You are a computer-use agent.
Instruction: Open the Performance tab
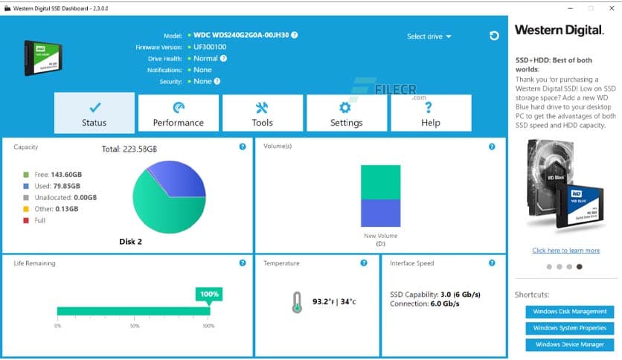[179, 113]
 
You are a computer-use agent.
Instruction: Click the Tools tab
[262, 113]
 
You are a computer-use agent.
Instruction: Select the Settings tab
[346, 113]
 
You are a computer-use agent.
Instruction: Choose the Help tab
[431, 113]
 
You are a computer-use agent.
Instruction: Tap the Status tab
[94, 113]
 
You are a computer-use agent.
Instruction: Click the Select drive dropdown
[429, 36]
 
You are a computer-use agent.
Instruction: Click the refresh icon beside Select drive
[494, 36]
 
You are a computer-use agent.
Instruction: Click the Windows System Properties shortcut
[570, 328]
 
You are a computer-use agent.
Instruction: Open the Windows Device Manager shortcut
[570, 344]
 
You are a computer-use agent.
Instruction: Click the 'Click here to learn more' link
[565, 251]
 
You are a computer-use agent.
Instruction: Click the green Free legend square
[27, 174]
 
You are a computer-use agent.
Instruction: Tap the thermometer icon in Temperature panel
[298, 301]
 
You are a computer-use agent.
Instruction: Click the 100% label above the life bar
[209, 295]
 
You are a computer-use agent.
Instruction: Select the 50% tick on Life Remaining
[135, 326]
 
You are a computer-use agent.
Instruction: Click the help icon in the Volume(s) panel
[492, 147]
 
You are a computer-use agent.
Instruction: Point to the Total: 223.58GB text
[129, 150]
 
